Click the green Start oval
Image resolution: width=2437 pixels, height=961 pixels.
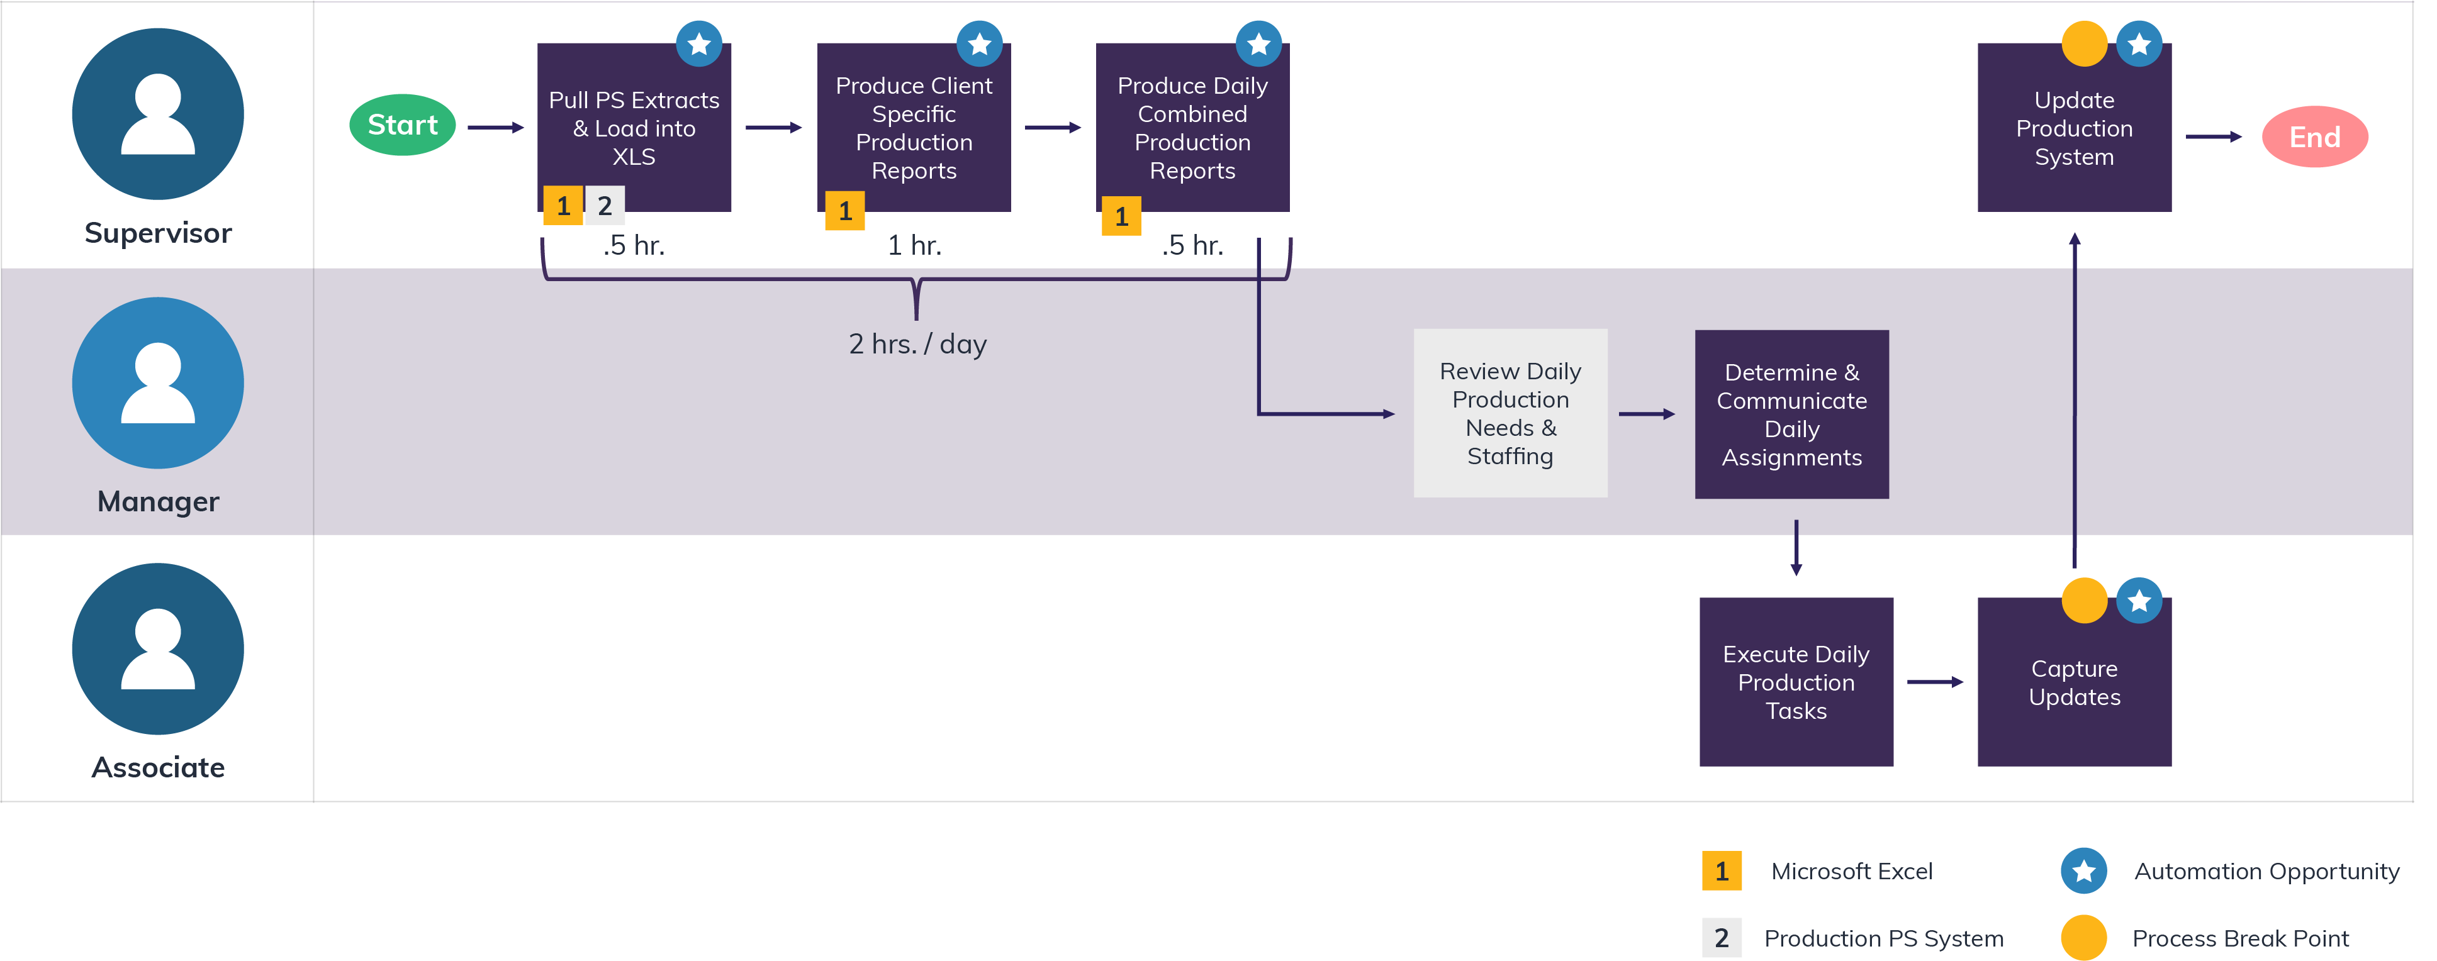click(402, 125)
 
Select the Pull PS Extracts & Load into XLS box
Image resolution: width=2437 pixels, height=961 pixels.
click(634, 128)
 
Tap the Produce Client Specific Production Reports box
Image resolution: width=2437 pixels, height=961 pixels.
click(913, 128)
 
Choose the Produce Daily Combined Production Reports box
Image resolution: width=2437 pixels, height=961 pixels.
click(1192, 128)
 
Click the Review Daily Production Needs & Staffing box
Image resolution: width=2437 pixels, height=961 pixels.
click(1510, 413)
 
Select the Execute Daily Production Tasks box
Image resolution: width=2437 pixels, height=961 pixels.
click(1796, 682)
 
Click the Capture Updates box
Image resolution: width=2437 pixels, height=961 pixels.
click(2074, 682)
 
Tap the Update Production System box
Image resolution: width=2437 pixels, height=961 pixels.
click(2074, 128)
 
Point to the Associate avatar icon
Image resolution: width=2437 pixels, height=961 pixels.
click(158, 649)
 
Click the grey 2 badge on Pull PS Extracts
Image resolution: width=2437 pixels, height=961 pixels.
click(605, 205)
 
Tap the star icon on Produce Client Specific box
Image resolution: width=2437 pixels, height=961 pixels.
click(979, 43)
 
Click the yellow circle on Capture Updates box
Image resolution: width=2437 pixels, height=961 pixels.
click(2083, 601)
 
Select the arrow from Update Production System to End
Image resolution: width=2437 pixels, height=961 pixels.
click(2213, 137)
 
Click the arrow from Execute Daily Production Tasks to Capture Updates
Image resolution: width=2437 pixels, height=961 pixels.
click(1935, 682)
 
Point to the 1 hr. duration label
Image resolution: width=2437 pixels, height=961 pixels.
click(914, 246)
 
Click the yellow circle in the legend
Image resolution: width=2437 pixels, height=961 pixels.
click(2083, 937)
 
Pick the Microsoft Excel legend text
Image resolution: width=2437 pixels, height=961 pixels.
click(1851, 871)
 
